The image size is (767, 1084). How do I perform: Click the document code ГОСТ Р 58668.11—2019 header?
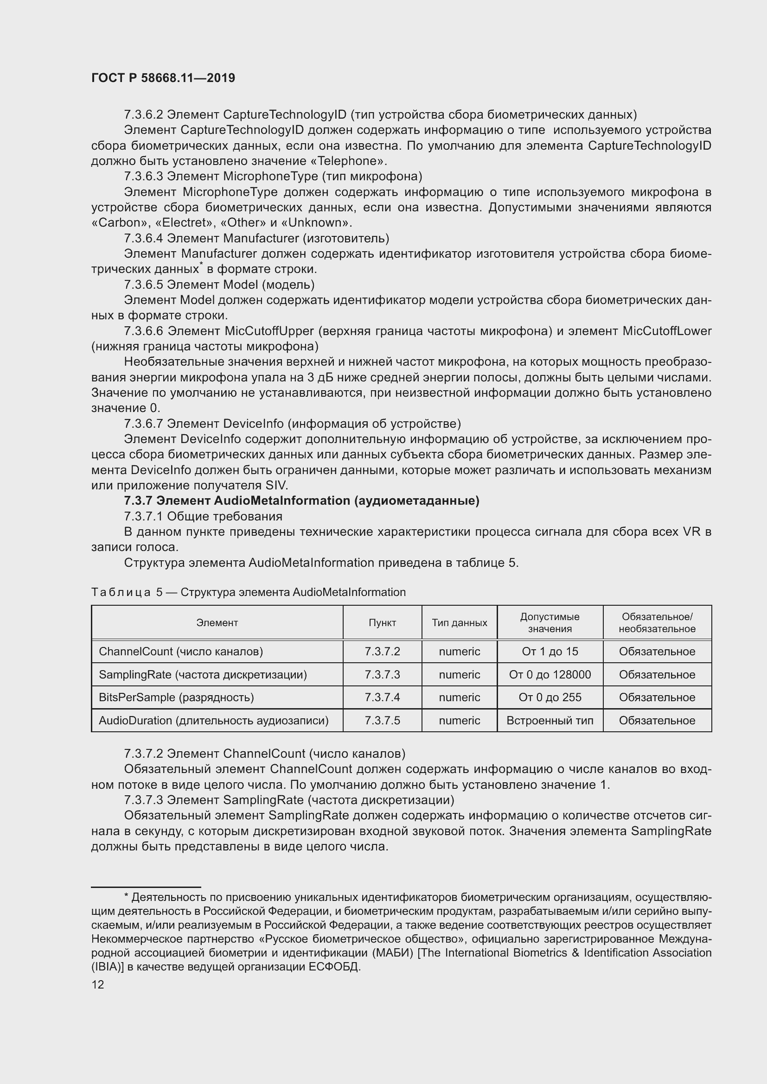[163, 78]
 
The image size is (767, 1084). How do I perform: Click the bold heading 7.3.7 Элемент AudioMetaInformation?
[301, 501]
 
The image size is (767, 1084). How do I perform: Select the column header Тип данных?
[459, 622]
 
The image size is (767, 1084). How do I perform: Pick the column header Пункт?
[382, 622]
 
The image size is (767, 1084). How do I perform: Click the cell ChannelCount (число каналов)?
[180, 652]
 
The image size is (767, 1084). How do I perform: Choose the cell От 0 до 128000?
[550, 675]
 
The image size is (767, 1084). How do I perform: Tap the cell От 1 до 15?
[550, 652]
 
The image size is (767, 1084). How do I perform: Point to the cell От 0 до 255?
[550, 697]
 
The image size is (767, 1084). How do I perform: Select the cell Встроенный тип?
[550, 721]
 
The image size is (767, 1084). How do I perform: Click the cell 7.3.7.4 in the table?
[382, 697]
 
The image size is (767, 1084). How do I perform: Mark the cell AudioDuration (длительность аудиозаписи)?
[213, 721]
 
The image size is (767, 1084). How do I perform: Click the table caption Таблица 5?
[127, 592]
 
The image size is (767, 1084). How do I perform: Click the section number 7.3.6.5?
[143, 285]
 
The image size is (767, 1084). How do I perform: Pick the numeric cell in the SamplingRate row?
[459, 675]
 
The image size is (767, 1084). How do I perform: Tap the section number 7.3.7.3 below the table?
[143, 800]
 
